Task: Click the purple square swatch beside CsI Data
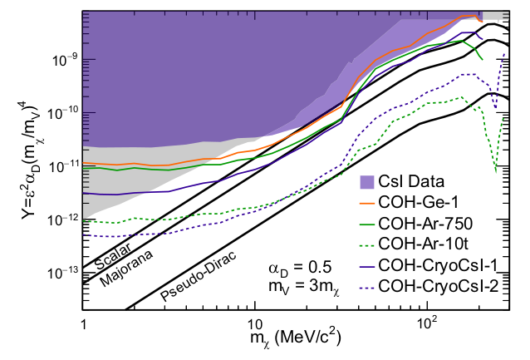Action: [x=363, y=181]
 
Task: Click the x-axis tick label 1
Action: [x=83, y=322]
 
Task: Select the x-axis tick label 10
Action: [x=254, y=322]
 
